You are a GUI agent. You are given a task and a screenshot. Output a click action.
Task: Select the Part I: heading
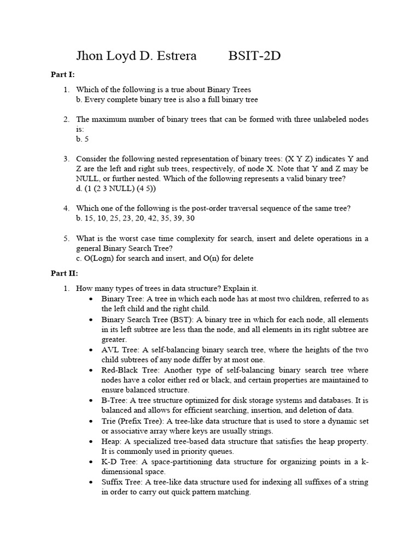pos(63,74)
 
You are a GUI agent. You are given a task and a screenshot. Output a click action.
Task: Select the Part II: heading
pos(65,273)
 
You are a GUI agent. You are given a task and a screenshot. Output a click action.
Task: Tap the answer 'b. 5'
pos(83,139)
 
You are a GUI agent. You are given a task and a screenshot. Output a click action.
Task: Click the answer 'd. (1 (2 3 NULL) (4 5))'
pos(116,188)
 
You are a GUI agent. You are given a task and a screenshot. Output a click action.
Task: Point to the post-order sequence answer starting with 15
pos(135,218)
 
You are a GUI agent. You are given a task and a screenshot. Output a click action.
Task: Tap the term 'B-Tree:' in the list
pos(115,400)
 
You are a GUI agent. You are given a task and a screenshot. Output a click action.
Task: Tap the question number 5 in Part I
pos(66,238)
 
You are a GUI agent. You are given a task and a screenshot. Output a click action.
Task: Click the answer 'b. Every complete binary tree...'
pos(167,100)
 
